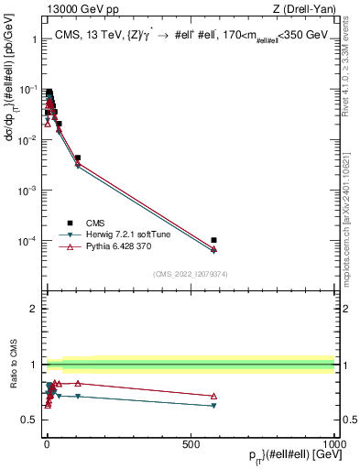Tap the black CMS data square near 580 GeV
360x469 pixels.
tap(213, 240)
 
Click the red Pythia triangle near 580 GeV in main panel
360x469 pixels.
tap(213, 249)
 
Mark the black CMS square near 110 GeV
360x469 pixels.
tap(78, 158)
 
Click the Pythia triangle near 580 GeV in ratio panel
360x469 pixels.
tap(213, 396)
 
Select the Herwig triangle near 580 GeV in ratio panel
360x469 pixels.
tap(213, 406)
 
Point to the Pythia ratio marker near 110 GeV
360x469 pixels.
tap(78, 383)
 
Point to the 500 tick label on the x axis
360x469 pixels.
tap(191, 443)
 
